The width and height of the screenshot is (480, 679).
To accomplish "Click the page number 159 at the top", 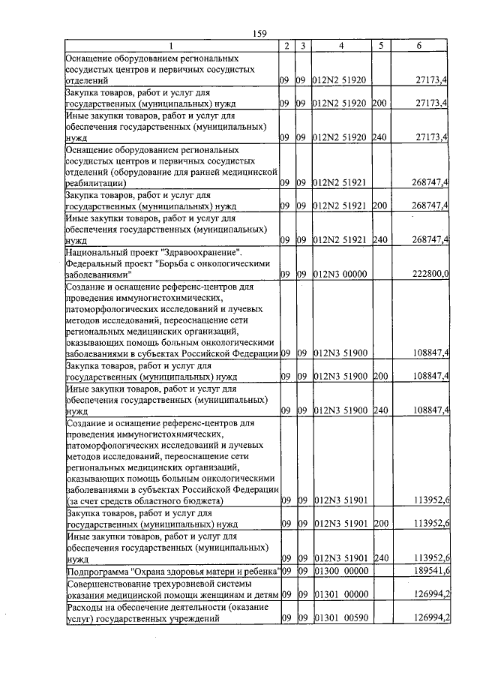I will pos(260,33).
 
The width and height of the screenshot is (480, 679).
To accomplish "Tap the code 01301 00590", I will pos(340,619).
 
